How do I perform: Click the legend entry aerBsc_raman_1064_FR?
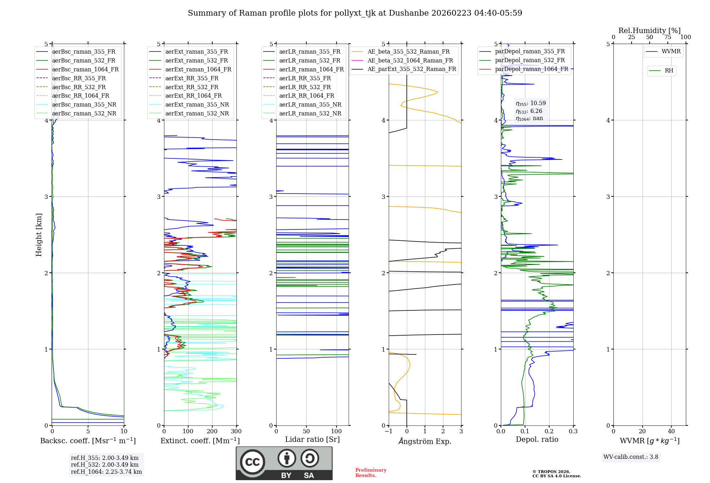click(85, 70)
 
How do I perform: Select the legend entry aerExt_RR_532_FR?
click(192, 87)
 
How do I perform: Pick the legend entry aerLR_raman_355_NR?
click(310, 105)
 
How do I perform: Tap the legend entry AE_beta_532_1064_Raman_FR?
click(410, 61)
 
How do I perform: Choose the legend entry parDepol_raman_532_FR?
click(530, 60)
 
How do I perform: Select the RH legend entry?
click(669, 71)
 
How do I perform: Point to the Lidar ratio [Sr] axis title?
click(312, 439)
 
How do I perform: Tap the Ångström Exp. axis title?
click(425, 441)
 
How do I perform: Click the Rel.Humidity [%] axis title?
click(649, 31)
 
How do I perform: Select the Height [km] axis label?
click(39, 235)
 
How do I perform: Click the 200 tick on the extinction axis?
click(212, 432)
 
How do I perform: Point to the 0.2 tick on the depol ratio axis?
click(549, 432)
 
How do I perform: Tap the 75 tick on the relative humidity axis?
click(667, 37)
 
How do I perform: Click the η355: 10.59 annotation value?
click(531, 103)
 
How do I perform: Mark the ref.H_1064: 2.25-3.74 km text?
click(106, 472)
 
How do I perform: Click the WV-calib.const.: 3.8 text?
click(630, 457)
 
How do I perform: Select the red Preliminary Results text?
click(371, 473)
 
